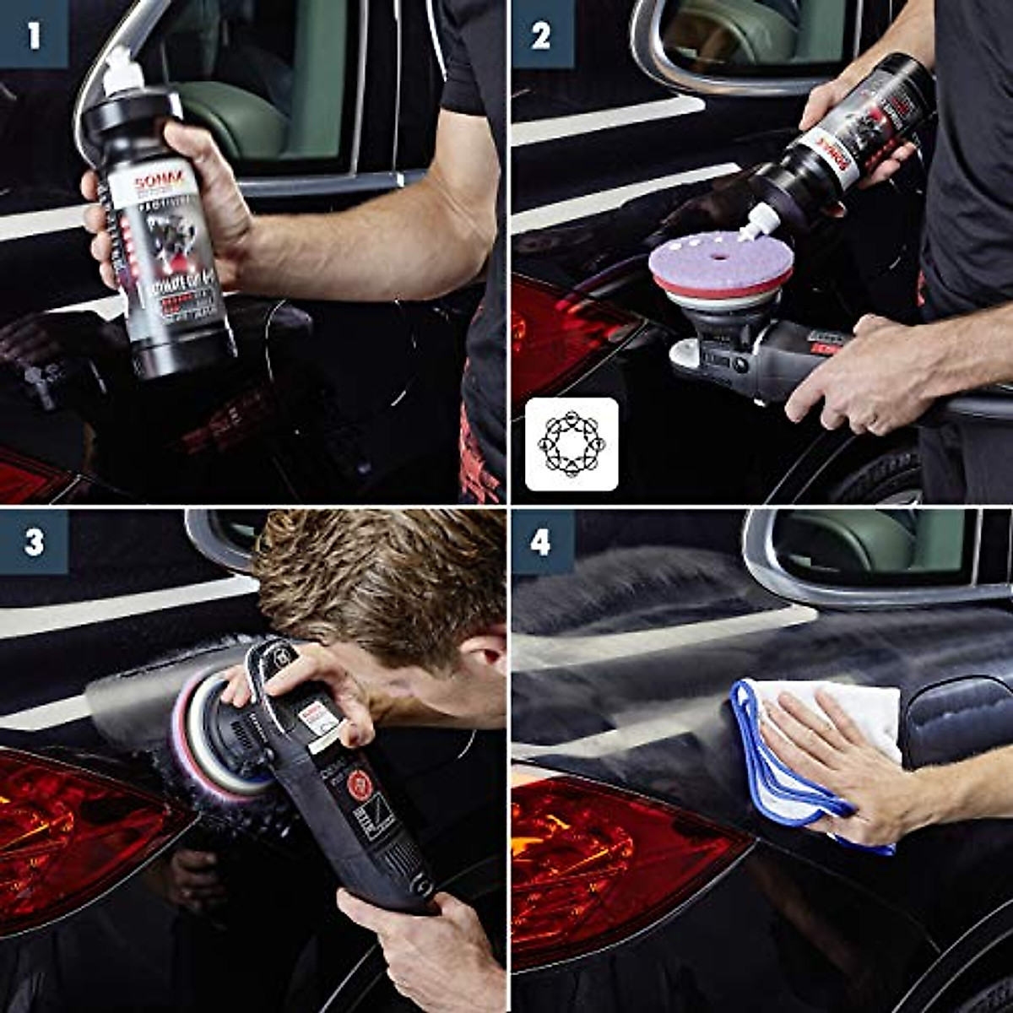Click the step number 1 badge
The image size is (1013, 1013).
tap(34, 35)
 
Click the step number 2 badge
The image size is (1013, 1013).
tap(541, 35)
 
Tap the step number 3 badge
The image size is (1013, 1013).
tap(34, 541)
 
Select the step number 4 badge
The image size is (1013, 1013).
tap(541, 541)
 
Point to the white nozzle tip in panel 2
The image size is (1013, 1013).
tap(761, 225)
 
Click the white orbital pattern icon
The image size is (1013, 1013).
tap(572, 444)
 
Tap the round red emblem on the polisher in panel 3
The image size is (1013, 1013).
tap(360, 785)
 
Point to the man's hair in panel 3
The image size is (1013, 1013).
tap(380, 574)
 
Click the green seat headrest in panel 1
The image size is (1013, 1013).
tap(236, 118)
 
